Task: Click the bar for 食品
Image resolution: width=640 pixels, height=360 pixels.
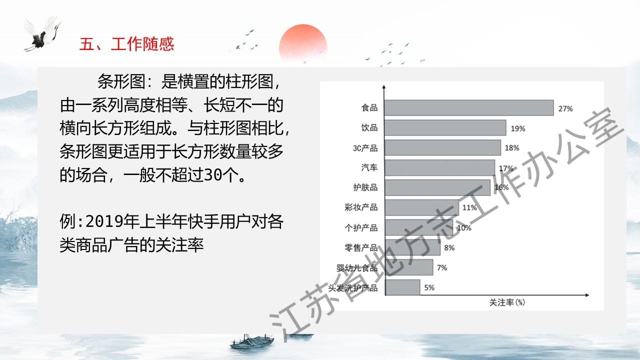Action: tap(469, 107)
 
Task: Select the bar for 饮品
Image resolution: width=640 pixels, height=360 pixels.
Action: tap(445, 127)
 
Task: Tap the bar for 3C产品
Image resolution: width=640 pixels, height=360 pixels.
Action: tap(443, 147)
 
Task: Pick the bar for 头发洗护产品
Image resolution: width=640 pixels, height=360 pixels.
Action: tap(402, 287)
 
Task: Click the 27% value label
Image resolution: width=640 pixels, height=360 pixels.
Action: tap(565, 109)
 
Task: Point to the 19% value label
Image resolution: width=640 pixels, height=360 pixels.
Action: tap(518, 128)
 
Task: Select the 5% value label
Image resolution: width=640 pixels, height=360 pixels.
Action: tap(429, 287)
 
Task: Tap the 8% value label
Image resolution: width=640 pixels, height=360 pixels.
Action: tap(449, 248)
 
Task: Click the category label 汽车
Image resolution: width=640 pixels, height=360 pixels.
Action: tap(369, 167)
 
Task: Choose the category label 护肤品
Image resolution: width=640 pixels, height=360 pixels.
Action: tap(365, 187)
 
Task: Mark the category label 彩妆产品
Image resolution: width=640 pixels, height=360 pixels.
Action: tap(361, 207)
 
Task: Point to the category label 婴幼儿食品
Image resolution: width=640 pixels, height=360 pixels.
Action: tap(357, 268)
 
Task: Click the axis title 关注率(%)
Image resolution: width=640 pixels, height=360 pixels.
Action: tap(507, 302)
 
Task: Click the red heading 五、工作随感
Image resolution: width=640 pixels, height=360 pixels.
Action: tap(126, 44)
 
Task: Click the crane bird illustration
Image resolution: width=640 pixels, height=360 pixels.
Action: tap(43, 33)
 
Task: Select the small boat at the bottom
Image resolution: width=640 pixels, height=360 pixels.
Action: tap(252, 341)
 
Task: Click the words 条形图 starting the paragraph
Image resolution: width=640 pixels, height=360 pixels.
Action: tap(121, 81)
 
